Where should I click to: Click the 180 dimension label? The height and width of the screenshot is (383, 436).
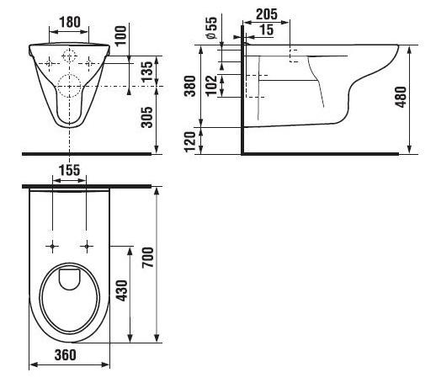click(70, 22)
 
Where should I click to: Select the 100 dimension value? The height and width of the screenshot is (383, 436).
click(121, 35)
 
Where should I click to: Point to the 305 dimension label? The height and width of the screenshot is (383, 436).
click(146, 117)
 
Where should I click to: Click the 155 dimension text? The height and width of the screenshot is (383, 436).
click(69, 170)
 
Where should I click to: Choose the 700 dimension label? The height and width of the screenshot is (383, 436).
click(148, 258)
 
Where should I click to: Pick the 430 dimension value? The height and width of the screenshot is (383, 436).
click(122, 290)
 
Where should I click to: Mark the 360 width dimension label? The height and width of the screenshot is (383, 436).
click(65, 355)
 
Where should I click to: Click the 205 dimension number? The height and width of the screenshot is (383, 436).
click(267, 14)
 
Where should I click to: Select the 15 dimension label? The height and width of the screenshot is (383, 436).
click(266, 29)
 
